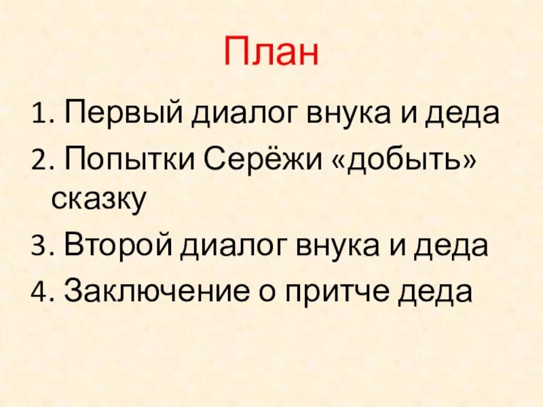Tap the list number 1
pyautogui.click(x=37, y=117)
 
